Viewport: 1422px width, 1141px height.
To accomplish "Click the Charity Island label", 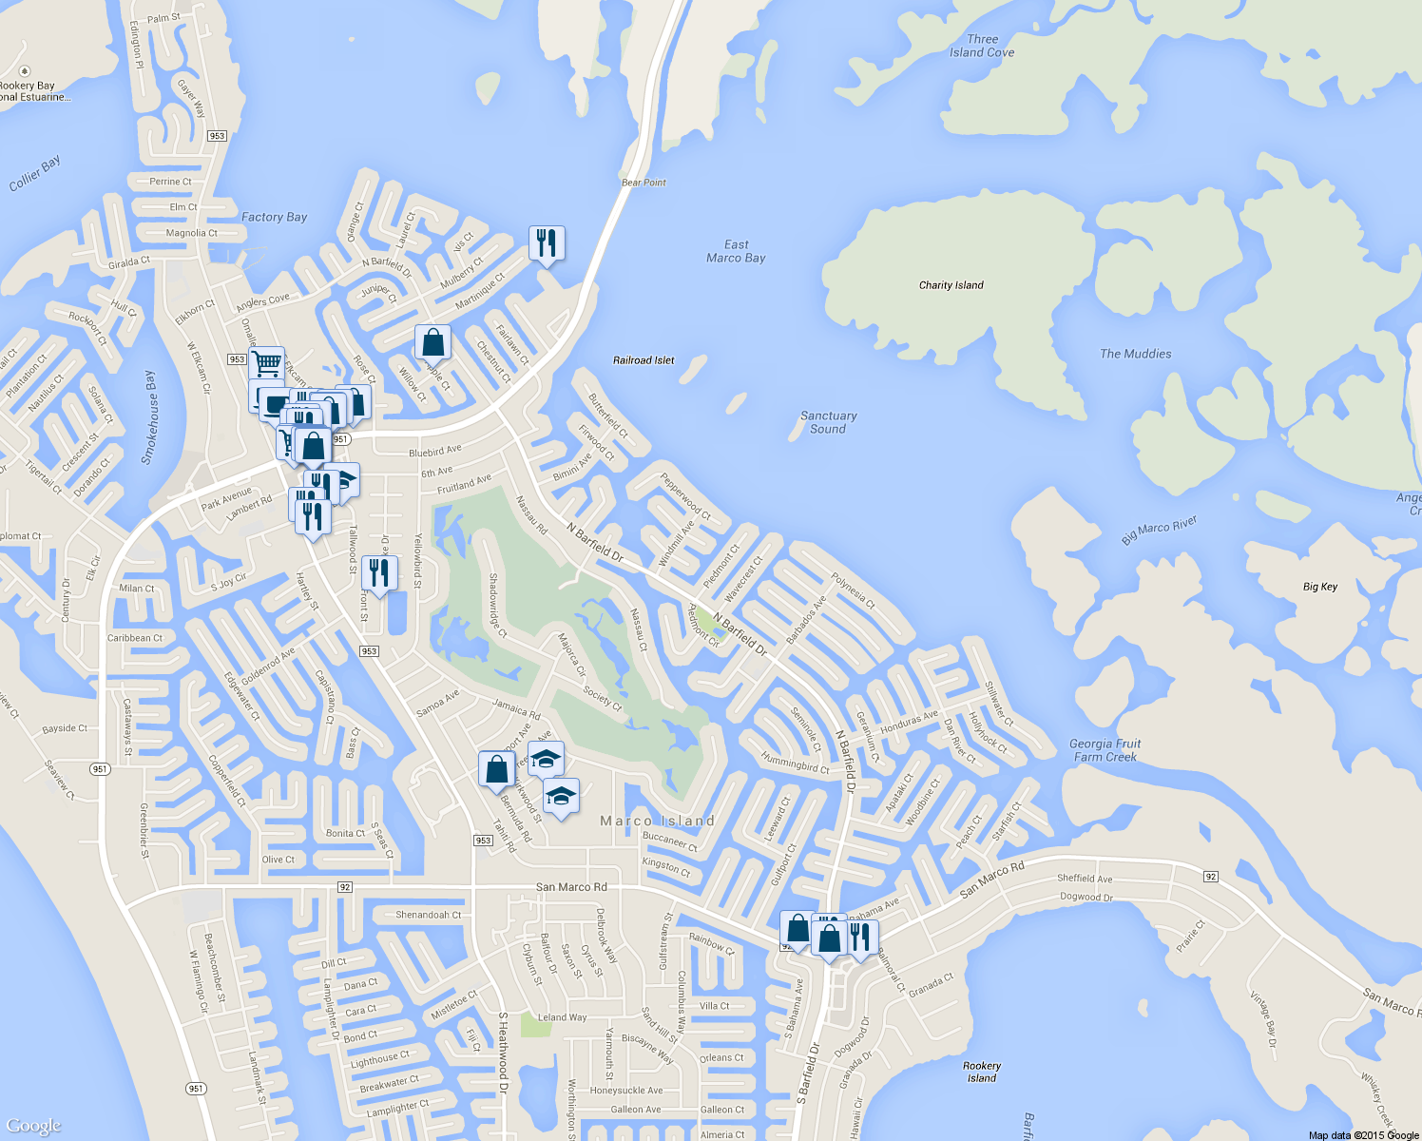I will (951, 285).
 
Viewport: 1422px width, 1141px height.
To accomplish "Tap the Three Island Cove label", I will (982, 47).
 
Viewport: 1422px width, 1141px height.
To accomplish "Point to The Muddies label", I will (1135, 354).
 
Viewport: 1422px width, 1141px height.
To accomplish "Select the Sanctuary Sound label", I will (828, 422).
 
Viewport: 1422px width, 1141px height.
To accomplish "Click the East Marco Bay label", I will (736, 251).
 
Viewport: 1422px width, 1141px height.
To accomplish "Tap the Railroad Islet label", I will (644, 360).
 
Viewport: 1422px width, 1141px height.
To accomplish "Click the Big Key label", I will (1319, 587).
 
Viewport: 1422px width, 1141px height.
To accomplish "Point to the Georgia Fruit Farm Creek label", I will (1105, 750).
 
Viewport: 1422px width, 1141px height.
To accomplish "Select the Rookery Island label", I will (981, 1072).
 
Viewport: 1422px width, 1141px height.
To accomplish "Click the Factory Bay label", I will (274, 217).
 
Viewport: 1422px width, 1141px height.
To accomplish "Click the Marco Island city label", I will (657, 821).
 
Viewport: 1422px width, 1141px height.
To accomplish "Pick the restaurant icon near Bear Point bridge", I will (546, 243).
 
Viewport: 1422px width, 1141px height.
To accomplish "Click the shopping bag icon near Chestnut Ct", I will (432, 342).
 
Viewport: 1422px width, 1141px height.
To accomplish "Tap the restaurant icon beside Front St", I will (379, 573).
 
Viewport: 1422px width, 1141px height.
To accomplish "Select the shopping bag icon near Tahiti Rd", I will (496, 769).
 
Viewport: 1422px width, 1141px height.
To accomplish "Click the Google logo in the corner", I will (33, 1126).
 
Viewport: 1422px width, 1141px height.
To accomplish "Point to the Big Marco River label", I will (1158, 531).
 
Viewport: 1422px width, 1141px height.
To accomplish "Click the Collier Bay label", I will (35, 173).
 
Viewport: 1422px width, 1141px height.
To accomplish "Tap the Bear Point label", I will (644, 183).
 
